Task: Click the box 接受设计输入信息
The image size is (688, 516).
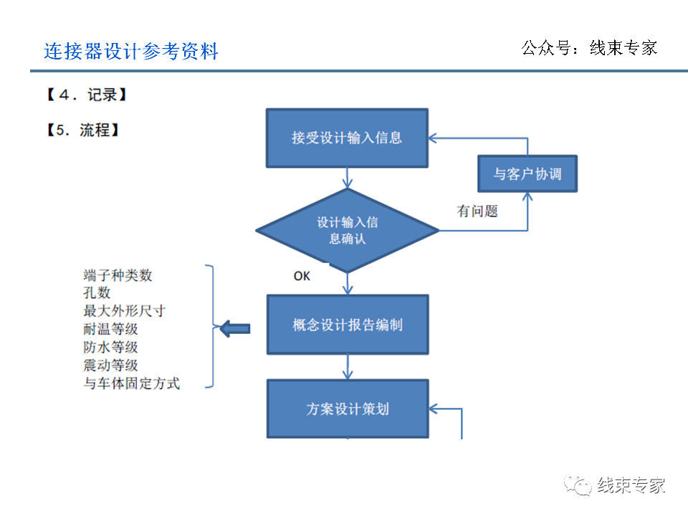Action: coord(347,138)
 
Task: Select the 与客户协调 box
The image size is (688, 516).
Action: coord(527,174)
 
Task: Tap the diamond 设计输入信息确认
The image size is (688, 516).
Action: coord(348,230)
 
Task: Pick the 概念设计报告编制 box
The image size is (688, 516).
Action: coord(348,325)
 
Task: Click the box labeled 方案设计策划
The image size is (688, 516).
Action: coord(348,409)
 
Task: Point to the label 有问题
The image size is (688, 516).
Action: coord(477,211)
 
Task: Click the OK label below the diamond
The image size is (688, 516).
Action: coord(302,276)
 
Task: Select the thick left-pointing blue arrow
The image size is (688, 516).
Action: coord(235,329)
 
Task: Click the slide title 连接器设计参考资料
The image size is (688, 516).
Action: coord(131,52)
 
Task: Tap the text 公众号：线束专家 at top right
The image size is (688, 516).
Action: coord(589,48)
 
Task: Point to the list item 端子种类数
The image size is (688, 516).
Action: coord(118,275)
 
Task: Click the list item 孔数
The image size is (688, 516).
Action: coord(97,293)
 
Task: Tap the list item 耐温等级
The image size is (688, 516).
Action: coord(110,329)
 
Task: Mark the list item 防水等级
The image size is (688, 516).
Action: coord(110,347)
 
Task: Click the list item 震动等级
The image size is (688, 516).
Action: coord(110,365)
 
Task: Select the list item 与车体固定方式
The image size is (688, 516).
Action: coord(131,383)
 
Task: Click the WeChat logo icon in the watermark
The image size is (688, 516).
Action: coord(577,486)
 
